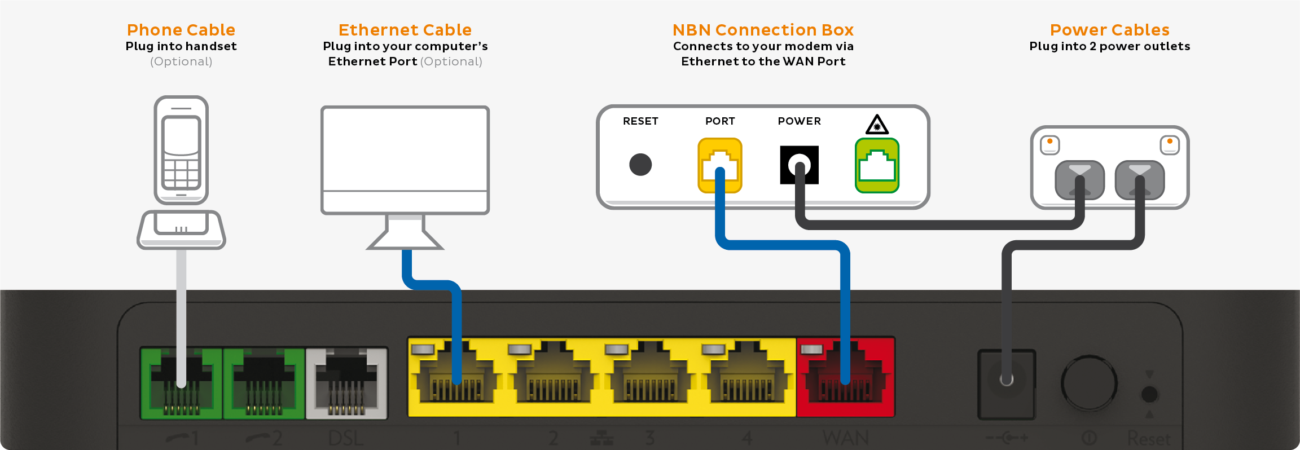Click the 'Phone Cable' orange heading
(x=181, y=30)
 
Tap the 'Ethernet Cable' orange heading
(x=405, y=30)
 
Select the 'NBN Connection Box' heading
(x=763, y=30)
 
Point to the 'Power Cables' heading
(x=1109, y=30)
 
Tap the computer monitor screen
(x=405, y=149)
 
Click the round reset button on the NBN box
(x=640, y=165)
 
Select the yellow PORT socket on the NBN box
(x=719, y=165)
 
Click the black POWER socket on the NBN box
(x=799, y=165)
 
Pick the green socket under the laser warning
(x=877, y=166)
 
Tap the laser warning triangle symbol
(x=877, y=125)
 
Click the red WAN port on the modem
(x=845, y=377)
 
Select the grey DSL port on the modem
(x=346, y=383)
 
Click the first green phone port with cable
(x=181, y=383)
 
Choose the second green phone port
(x=263, y=383)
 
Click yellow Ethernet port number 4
(x=746, y=377)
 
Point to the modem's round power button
(x=1088, y=383)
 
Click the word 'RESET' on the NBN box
(x=640, y=121)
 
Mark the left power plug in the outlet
(x=1079, y=180)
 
